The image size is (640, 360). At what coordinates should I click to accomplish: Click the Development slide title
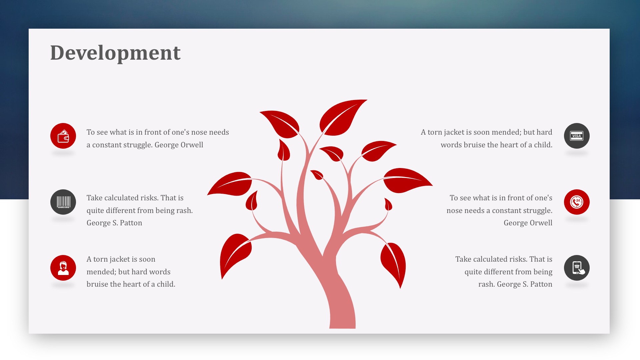115,53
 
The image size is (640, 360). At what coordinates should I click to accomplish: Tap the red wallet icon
63,136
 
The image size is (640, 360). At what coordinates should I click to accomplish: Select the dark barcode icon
63,202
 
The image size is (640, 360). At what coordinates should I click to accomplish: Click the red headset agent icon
63,268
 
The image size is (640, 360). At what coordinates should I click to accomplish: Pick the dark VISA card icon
577,136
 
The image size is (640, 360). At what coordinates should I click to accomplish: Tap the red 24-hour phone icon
577,202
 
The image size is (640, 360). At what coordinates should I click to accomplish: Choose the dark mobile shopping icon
577,268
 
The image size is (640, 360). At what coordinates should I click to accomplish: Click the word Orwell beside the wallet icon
192,145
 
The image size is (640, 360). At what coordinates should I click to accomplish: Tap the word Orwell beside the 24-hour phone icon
541,223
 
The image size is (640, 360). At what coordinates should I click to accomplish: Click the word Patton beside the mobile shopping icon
541,284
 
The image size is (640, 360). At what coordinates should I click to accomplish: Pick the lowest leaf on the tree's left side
235,255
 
